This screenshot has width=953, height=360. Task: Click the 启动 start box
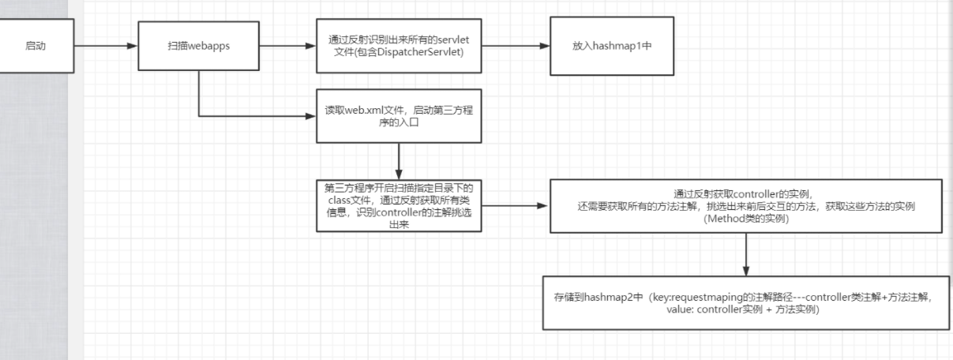click(35, 46)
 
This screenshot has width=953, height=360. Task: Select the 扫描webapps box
click(198, 46)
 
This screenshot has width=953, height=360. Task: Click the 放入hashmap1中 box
click(612, 46)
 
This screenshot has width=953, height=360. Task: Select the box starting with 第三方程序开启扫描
click(398, 205)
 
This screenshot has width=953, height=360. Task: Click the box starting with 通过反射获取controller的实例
click(745, 205)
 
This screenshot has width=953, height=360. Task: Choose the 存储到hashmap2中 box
click(745, 303)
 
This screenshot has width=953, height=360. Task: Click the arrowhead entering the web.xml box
click(310, 118)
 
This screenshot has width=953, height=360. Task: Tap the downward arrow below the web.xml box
click(399, 161)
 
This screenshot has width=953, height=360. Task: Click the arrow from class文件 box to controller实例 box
click(515, 205)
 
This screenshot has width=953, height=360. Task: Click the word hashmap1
click(618, 46)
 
